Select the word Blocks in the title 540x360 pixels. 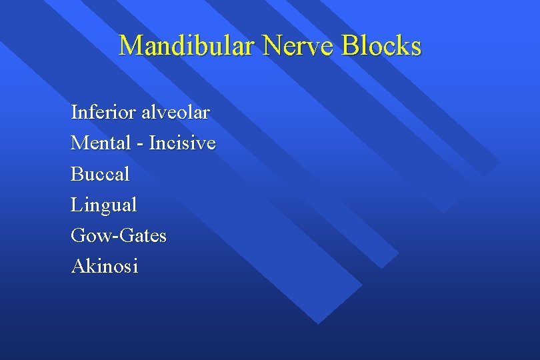(381, 46)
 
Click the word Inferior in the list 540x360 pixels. (103, 113)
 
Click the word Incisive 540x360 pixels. (182, 143)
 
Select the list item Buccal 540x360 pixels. (100, 175)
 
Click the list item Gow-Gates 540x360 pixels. (119, 236)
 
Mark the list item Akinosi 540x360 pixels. (105, 267)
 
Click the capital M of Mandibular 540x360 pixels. (131, 46)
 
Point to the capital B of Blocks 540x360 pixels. (349, 46)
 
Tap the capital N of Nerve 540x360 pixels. (274, 46)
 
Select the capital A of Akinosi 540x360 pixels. (77, 267)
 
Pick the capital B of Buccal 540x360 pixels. (77, 175)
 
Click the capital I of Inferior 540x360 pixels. (74, 113)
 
